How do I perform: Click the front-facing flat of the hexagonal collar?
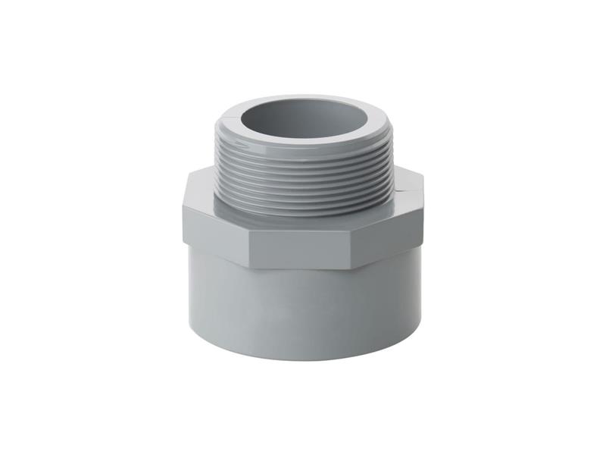point(303,246)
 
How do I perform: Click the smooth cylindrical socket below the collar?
point(303,311)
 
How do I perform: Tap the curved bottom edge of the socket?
point(303,358)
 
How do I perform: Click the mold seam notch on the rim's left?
point(227,119)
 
